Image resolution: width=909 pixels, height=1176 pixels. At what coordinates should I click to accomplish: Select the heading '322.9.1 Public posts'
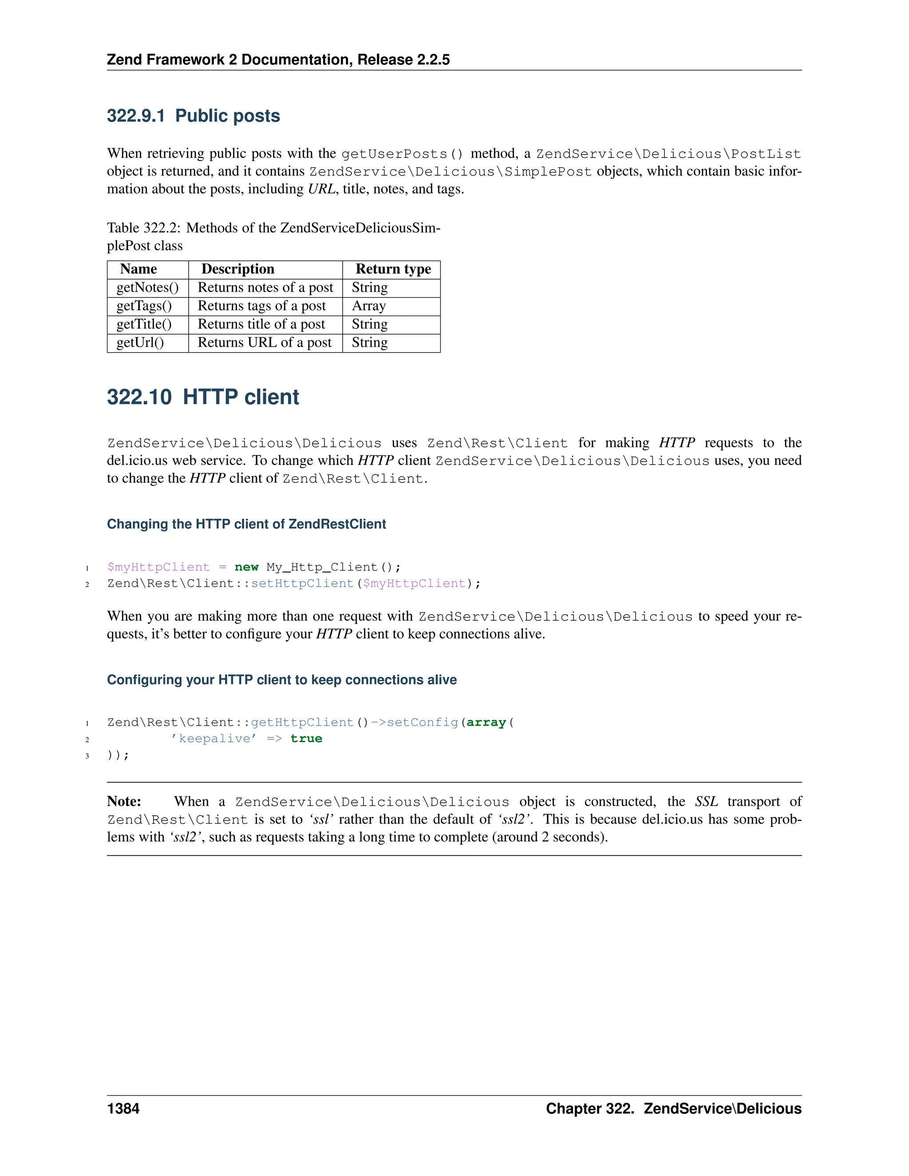pos(194,116)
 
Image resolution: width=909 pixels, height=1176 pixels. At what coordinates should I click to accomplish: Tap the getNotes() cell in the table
pos(147,288)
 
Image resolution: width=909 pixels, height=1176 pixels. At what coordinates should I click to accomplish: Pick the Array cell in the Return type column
pos(369,306)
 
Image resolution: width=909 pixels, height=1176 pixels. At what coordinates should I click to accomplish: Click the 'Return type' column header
pos(393,269)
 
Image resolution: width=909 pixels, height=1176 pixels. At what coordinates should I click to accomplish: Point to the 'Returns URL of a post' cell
pos(265,343)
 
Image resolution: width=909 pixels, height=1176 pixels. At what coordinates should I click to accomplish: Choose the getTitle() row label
pos(144,324)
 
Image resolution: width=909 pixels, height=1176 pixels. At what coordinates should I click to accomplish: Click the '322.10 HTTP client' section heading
pos(202,397)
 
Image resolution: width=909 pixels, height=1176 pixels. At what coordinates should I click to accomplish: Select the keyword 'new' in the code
pos(247,567)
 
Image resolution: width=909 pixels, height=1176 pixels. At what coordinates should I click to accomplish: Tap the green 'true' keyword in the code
pos(306,739)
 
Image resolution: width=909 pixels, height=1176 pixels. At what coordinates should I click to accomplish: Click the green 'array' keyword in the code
pos(486,722)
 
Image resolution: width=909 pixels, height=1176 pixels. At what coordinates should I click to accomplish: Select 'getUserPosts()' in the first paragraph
pos(402,154)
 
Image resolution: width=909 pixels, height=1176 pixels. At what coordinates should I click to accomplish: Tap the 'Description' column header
pos(237,269)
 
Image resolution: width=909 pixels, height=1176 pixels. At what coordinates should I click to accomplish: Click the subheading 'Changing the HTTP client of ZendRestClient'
pos(246,524)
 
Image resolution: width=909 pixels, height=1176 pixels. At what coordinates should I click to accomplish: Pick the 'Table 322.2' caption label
pos(143,228)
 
